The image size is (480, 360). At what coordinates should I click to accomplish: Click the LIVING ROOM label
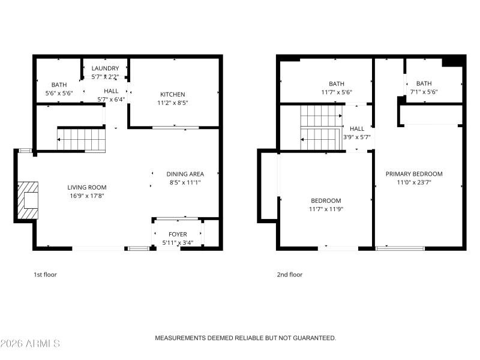(x=87, y=187)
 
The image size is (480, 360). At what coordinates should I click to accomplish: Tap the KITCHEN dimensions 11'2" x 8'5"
(x=172, y=103)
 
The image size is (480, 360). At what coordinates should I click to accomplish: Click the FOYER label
(x=178, y=234)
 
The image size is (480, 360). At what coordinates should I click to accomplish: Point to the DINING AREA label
(x=185, y=174)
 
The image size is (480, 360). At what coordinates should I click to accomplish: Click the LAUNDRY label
(x=105, y=68)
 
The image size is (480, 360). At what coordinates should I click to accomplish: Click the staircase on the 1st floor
(x=82, y=139)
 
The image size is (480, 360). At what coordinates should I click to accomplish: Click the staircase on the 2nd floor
(x=320, y=127)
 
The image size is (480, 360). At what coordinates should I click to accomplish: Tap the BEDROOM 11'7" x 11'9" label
(x=326, y=200)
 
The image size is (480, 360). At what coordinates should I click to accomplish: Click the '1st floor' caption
(x=45, y=275)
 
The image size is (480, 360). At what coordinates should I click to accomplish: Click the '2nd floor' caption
(x=290, y=275)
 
